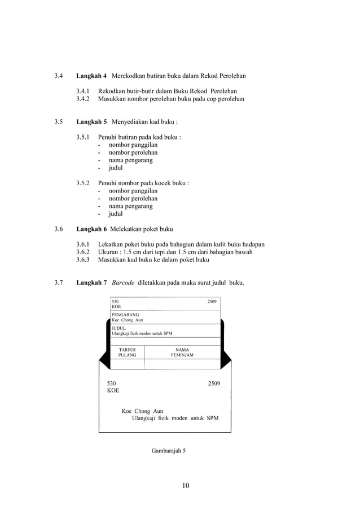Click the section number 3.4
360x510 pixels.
(59, 76)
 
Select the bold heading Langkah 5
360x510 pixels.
(91, 121)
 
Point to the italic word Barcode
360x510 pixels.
(123, 282)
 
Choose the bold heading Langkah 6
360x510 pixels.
(91, 229)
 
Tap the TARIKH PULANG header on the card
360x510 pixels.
(127, 353)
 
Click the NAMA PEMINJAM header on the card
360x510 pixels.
(182, 353)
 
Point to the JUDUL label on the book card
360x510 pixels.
(118, 327)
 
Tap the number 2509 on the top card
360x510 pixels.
(212, 302)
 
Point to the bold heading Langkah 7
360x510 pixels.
(91, 282)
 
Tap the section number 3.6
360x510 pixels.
(59, 229)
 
